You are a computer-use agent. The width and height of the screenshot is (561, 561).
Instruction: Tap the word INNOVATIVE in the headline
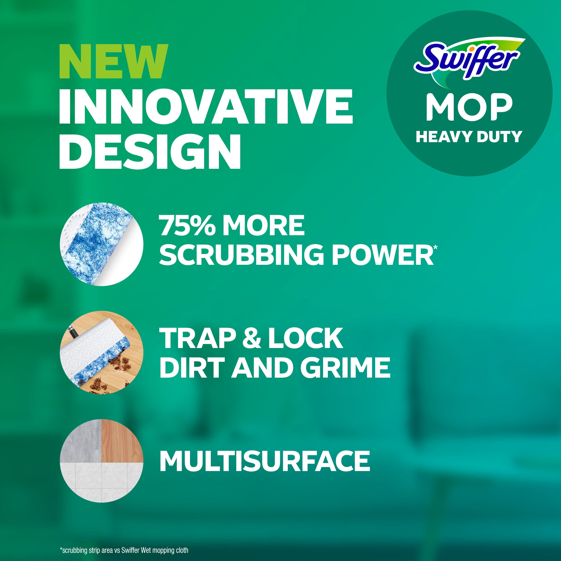click(x=206, y=107)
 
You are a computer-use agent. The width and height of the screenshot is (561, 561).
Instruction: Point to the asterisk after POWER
click(x=435, y=247)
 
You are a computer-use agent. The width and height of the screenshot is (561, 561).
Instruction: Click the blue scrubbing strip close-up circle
click(x=102, y=244)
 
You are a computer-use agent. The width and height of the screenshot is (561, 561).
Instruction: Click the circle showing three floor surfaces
click(x=102, y=461)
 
